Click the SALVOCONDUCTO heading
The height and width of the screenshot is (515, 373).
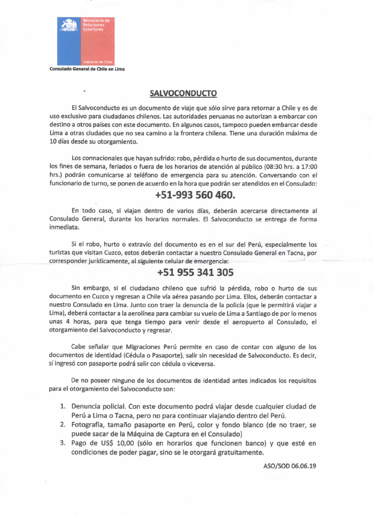tap(183, 93)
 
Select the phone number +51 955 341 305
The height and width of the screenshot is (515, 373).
tap(188, 272)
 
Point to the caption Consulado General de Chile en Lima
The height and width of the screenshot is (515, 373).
tap(87, 69)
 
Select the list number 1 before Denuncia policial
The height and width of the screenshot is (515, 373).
tap(62, 407)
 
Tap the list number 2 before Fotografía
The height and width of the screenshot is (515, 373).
tap(62, 425)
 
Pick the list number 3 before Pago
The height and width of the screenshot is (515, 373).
tap(62, 443)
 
